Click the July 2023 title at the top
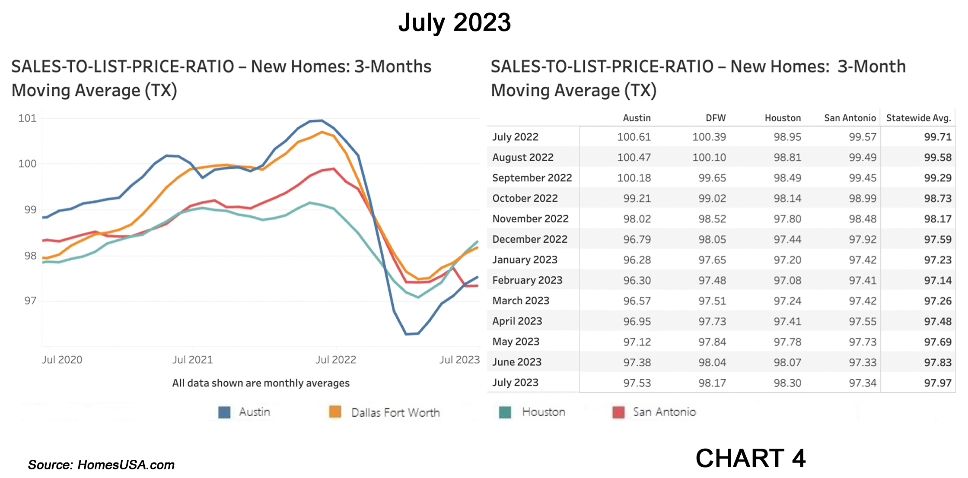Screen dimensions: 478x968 pos(454,22)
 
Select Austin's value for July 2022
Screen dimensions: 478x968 pos(634,137)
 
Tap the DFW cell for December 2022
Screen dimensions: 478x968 pos(712,239)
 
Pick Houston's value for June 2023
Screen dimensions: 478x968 pos(787,362)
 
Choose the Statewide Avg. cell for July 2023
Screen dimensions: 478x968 pos(937,383)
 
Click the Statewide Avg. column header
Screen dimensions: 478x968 pos(918,118)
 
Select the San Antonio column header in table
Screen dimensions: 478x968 pos(850,118)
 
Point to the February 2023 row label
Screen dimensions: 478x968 pos(527,280)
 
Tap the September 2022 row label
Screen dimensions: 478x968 pos(532,178)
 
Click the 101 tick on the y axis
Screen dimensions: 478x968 pos(27,118)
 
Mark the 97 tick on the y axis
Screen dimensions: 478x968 pos(30,301)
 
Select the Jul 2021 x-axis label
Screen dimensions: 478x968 pos(192,360)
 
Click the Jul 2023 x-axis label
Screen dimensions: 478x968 pos(459,360)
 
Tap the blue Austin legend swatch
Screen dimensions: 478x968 pos(224,412)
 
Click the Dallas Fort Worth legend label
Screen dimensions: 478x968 pos(395,413)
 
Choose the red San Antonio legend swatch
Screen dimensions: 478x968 pos(618,412)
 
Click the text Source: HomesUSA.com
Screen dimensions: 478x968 pos(101,465)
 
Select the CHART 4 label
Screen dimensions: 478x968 pos(750,458)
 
